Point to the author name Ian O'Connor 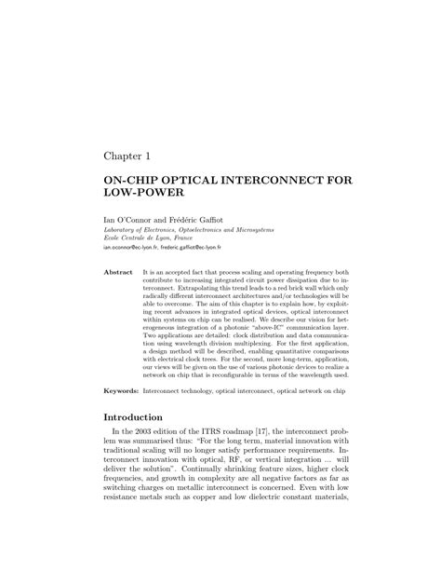(x=129, y=220)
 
